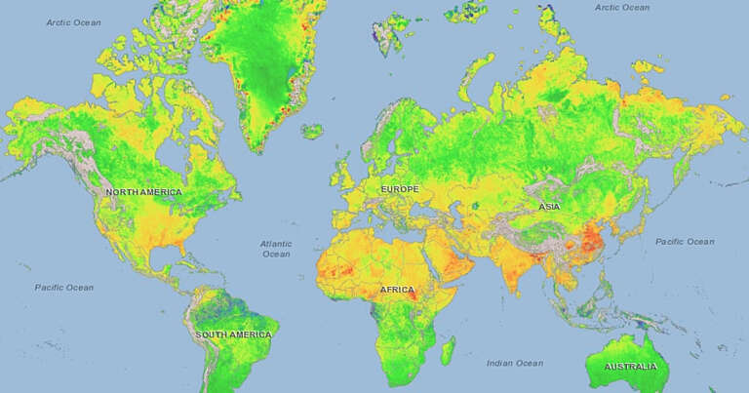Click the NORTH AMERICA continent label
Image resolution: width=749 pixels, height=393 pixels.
click(143, 192)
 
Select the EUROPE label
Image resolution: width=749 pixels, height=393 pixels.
click(399, 188)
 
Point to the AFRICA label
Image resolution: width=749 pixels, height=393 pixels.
click(397, 290)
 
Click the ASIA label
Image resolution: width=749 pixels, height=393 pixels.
click(548, 207)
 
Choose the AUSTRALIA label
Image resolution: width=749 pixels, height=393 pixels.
click(629, 367)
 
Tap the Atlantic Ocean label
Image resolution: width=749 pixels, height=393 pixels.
click(276, 249)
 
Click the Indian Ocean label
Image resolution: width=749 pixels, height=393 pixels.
click(515, 363)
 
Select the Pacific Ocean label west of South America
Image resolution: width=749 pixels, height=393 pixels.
click(64, 287)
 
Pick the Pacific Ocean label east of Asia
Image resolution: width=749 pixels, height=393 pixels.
click(685, 241)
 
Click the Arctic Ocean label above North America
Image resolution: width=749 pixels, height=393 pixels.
click(74, 21)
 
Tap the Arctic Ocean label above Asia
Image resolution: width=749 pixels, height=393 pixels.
click(621, 7)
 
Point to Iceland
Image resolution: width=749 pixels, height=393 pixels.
click(313, 130)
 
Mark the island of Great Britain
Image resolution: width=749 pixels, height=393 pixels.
click(346, 172)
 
